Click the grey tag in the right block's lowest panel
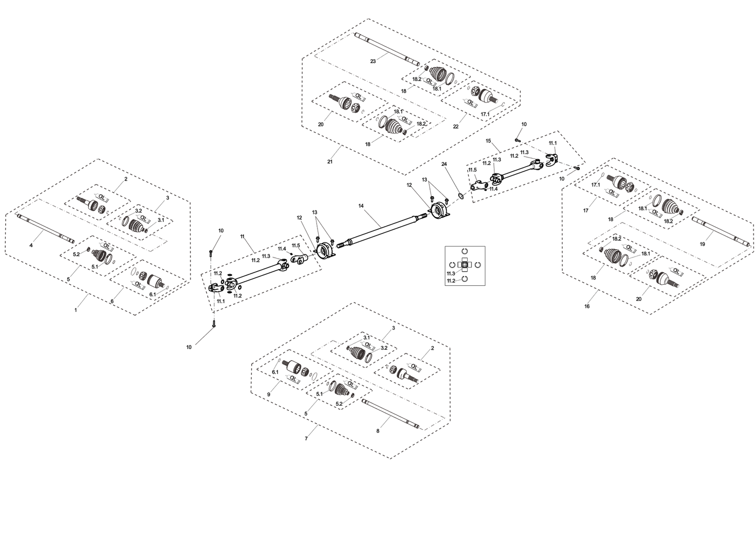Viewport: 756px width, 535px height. pyautogui.click(x=679, y=272)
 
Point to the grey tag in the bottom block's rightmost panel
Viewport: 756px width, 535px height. pyautogui.click(x=416, y=368)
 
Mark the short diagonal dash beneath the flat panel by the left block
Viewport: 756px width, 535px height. pyautogui.click(x=205, y=335)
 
